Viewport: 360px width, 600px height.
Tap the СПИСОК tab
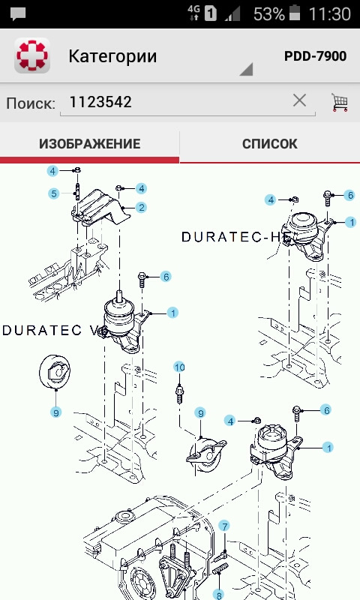coord(269,144)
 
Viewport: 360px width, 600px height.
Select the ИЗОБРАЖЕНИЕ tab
coord(89,144)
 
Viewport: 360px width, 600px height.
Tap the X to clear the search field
coord(299,100)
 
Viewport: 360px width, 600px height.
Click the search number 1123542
coord(100,102)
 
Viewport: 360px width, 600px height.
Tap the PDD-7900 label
coord(315,56)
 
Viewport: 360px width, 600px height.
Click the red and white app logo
coord(32,56)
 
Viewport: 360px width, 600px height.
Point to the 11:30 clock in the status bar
coord(330,13)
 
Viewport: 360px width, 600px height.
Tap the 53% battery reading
coord(268,13)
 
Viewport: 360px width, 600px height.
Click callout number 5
coord(54,193)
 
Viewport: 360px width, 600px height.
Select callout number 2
coord(141,207)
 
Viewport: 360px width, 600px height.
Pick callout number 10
coord(179,367)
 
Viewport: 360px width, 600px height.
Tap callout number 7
coord(223,525)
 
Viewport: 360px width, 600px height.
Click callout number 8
coord(220,592)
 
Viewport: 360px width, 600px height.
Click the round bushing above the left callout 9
coord(55,371)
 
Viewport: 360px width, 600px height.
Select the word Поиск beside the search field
coord(31,103)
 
